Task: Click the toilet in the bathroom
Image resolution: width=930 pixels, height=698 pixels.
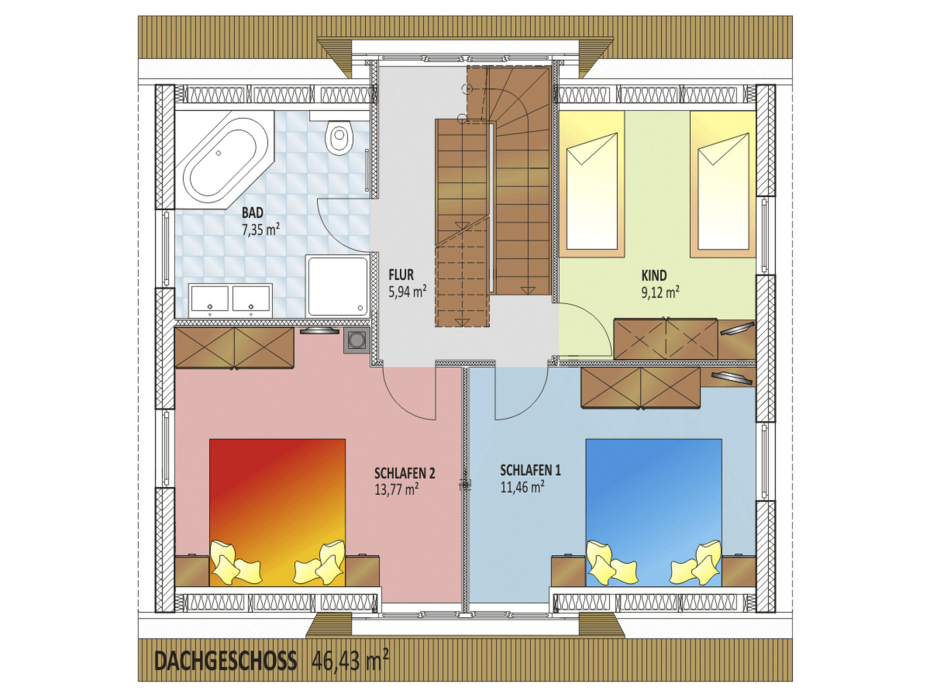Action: (340, 137)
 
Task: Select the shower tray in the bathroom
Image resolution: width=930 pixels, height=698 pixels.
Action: (337, 285)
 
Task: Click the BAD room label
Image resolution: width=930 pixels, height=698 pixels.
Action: (252, 212)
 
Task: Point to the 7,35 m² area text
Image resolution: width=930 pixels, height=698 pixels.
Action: (260, 229)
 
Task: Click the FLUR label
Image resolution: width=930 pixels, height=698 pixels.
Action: (401, 275)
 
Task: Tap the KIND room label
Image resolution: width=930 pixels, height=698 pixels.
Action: (654, 275)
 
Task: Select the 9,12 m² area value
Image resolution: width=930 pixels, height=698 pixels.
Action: (660, 292)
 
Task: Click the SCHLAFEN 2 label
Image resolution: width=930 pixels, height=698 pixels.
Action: (405, 474)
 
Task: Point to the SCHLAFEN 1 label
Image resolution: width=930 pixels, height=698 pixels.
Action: (530, 470)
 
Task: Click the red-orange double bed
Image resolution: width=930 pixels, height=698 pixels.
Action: (277, 513)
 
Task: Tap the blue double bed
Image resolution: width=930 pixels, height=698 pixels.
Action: (653, 513)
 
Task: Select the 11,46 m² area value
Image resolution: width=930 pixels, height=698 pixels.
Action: (523, 487)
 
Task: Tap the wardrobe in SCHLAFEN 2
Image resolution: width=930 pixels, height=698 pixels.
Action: (234, 348)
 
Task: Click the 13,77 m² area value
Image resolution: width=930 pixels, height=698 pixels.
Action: (396, 490)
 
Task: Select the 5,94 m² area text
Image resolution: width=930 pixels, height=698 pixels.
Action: (407, 291)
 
